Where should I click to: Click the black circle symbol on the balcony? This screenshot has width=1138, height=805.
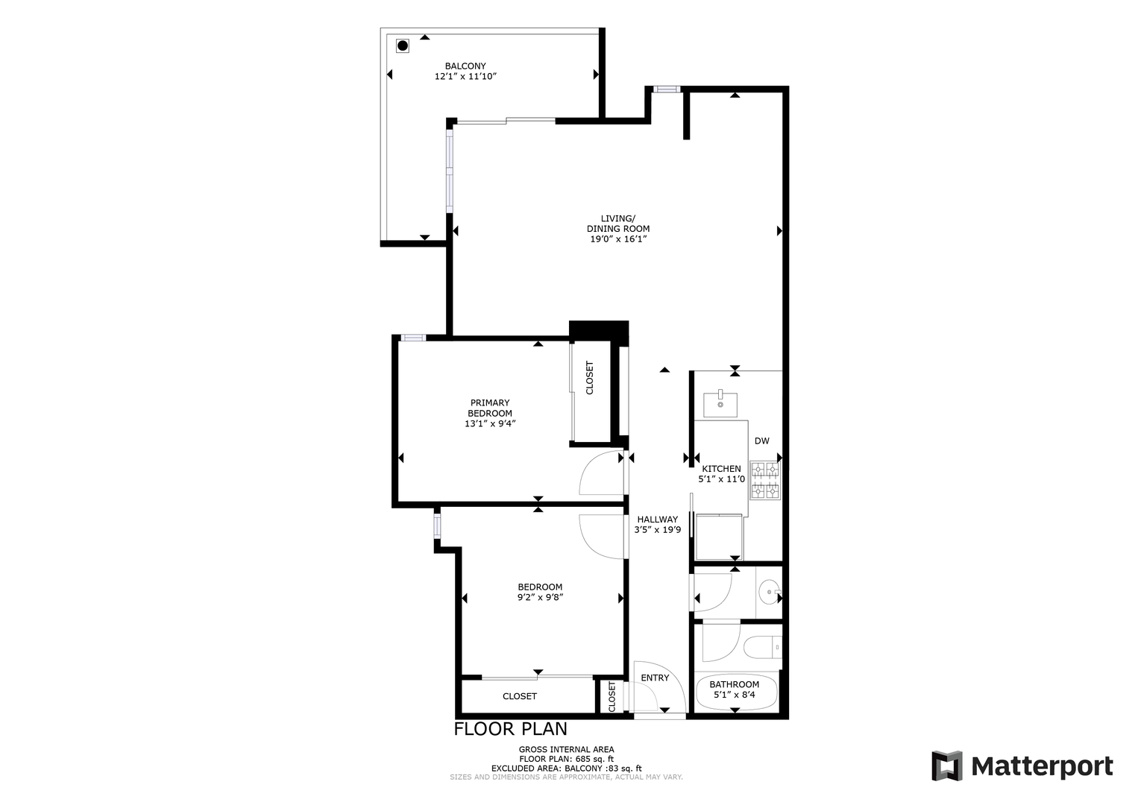click(x=403, y=46)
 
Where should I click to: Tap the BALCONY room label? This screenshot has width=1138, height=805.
click(x=465, y=66)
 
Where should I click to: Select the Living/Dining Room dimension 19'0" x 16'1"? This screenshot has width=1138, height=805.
click(x=617, y=239)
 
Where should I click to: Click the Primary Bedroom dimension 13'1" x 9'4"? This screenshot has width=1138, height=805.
click(x=490, y=423)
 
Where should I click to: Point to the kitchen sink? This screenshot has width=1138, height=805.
click(x=720, y=405)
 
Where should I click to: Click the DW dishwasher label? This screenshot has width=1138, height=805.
click(x=761, y=441)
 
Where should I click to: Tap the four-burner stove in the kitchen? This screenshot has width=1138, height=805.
click(x=766, y=481)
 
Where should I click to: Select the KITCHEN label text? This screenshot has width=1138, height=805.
click(x=721, y=469)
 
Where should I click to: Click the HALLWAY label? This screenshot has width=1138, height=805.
click(x=658, y=520)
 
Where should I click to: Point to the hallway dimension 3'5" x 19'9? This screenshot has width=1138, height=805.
click(x=658, y=530)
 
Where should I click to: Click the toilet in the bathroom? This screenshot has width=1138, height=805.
click(x=762, y=648)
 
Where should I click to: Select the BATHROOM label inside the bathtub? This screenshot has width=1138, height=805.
click(x=734, y=685)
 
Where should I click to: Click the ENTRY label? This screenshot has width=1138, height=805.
click(x=655, y=678)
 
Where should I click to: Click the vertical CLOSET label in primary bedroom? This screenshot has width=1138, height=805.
click(x=589, y=378)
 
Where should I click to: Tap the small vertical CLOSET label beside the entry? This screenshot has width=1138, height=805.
click(x=612, y=697)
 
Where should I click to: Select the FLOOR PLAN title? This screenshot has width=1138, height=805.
click(x=510, y=729)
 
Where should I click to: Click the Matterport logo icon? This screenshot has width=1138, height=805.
click(x=947, y=766)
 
